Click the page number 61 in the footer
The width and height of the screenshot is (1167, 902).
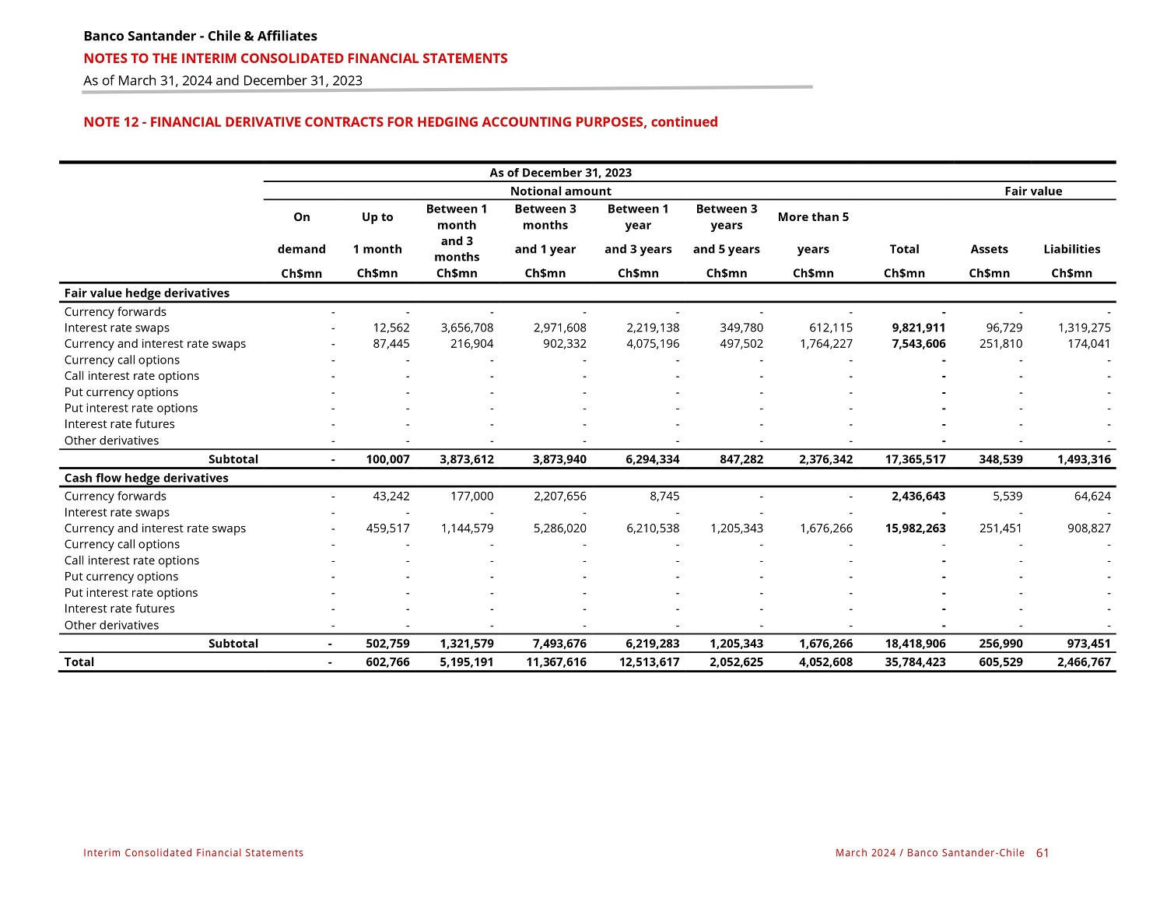tap(1043, 853)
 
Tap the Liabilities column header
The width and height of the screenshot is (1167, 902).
tap(1071, 249)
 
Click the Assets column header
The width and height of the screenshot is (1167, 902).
tap(989, 249)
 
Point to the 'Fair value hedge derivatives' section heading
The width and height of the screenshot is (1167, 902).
tap(147, 293)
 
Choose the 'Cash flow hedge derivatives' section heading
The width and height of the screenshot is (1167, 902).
tap(146, 478)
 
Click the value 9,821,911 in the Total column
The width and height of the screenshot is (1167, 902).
tap(919, 328)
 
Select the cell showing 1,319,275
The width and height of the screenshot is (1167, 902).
tap(1084, 328)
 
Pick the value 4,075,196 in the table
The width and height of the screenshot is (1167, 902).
tap(652, 344)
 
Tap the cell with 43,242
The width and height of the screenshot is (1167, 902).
tap(392, 496)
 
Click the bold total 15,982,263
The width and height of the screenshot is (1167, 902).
tap(915, 528)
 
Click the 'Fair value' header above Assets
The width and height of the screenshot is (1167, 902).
tap(1033, 191)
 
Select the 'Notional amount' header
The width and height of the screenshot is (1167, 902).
tap(560, 191)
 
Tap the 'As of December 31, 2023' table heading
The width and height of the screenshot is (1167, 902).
tap(560, 173)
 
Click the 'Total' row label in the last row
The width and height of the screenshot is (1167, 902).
tap(79, 662)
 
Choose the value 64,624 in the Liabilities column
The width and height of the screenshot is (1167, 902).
tap(1091, 496)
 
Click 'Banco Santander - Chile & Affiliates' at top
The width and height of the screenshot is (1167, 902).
tap(200, 36)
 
